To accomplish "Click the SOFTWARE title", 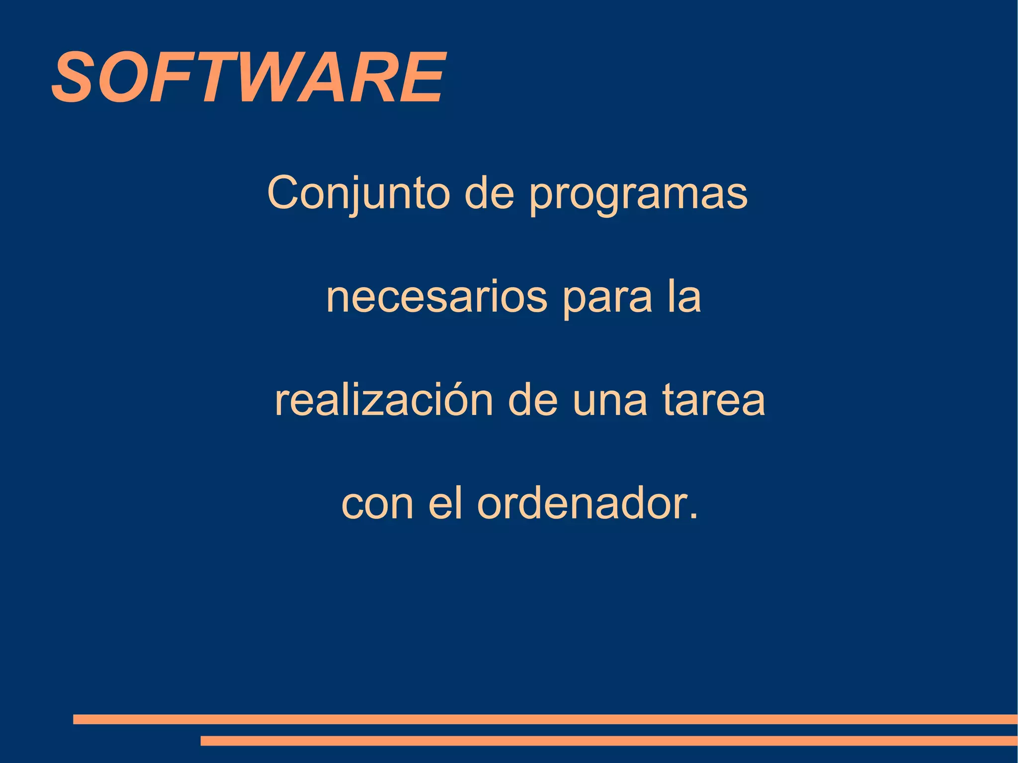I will click(x=249, y=78).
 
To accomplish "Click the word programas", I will click(x=638, y=195).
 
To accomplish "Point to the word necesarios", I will click(x=436, y=298).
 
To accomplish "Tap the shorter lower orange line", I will click(x=608, y=741).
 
